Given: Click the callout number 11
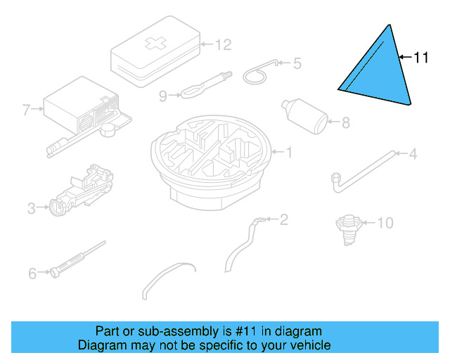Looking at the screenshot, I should [x=420, y=58].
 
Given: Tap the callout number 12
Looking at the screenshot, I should [x=222, y=45].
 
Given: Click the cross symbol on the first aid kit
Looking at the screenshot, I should [x=154, y=44].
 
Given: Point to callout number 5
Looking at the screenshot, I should [x=297, y=63].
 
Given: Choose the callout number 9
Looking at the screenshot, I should [x=163, y=96].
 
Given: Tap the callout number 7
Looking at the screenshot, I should [x=27, y=110].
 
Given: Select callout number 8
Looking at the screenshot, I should [x=345, y=124].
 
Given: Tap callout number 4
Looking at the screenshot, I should [x=413, y=153].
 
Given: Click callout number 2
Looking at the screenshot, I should [x=283, y=220].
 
